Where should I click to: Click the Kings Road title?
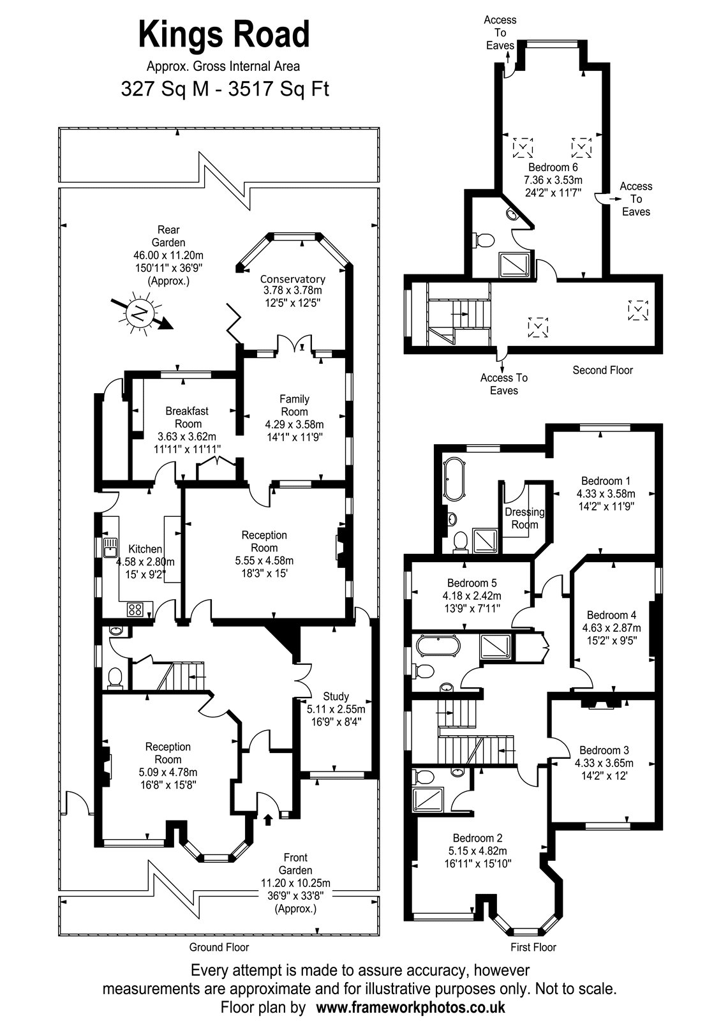pyautogui.click(x=224, y=34)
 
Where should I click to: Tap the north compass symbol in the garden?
pyautogui.click(x=138, y=313)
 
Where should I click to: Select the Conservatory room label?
pyautogui.click(x=292, y=279)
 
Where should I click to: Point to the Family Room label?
pyautogui.click(x=294, y=405)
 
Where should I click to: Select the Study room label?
pyautogui.click(x=336, y=696)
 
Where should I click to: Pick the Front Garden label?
pyautogui.click(x=295, y=864)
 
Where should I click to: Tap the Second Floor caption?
pyautogui.click(x=602, y=370)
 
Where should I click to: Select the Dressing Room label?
pyautogui.click(x=524, y=518)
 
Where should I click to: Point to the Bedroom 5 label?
pyautogui.click(x=472, y=583)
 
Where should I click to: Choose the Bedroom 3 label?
pyautogui.click(x=604, y=750)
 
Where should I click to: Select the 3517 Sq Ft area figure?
pyautogui.click(x=289, y=89)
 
